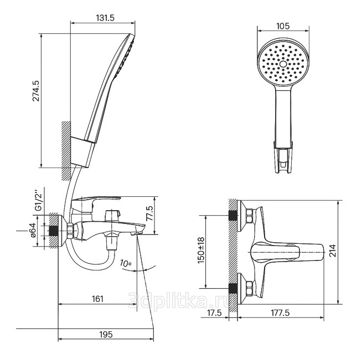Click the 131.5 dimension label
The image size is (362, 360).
click(105, 18)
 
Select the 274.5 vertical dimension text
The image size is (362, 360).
click(36, 91)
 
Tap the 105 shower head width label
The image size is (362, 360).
click(283, 27)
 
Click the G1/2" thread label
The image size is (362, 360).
click(39, 200)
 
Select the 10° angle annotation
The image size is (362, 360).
click(125, 263)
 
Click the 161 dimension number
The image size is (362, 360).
click(97, 299)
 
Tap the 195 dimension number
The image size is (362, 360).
click(106, 334)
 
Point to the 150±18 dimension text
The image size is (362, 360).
click(201, 250)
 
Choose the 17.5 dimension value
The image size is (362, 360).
click(214, 313)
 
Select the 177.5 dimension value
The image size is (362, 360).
click(280, 313)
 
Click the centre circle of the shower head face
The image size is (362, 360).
click(283, 64)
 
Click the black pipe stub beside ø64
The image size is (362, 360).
click(54, 231)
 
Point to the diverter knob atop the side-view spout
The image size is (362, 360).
click(112, 216)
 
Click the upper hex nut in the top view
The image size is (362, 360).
click(250, 216)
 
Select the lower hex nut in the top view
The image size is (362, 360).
click(250, 288)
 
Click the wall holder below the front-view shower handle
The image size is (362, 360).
click(283, 157)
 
